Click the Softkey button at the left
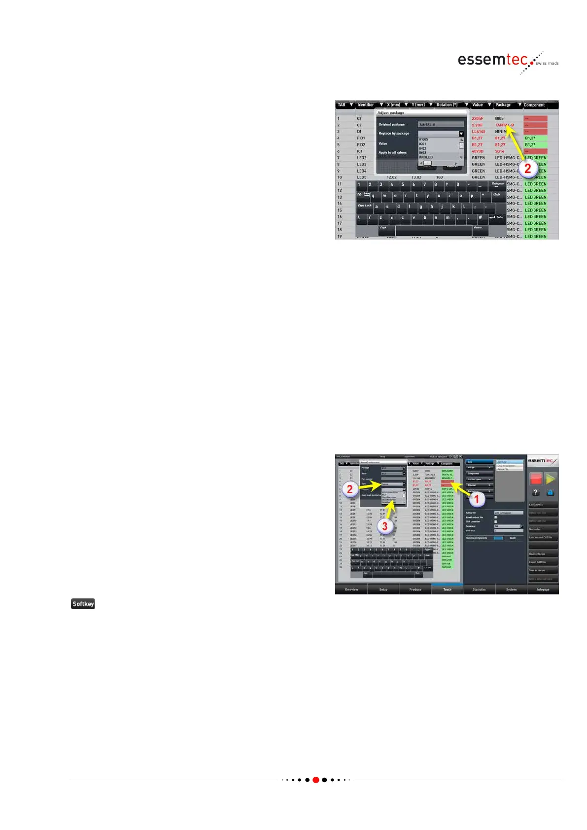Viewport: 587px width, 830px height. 83,604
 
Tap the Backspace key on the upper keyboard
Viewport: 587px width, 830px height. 497,185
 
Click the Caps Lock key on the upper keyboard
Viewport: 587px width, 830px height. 365,206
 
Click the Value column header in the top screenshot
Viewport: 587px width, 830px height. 478,105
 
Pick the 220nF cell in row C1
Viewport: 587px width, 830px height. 478,119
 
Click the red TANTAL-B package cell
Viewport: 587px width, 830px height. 504,125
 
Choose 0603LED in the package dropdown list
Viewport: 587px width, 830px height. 426,157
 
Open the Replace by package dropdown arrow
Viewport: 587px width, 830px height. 461,134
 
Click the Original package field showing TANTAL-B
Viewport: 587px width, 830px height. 441,125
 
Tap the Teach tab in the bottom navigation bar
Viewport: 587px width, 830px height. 447,589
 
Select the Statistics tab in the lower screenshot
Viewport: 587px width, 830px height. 479,589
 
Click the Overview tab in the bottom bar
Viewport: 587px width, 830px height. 351,589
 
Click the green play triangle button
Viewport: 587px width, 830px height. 551,478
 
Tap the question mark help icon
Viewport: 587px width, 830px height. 536,492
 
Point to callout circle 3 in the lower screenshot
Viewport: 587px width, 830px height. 385,526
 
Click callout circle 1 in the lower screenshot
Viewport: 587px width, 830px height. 476,499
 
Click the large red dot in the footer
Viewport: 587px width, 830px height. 316,780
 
